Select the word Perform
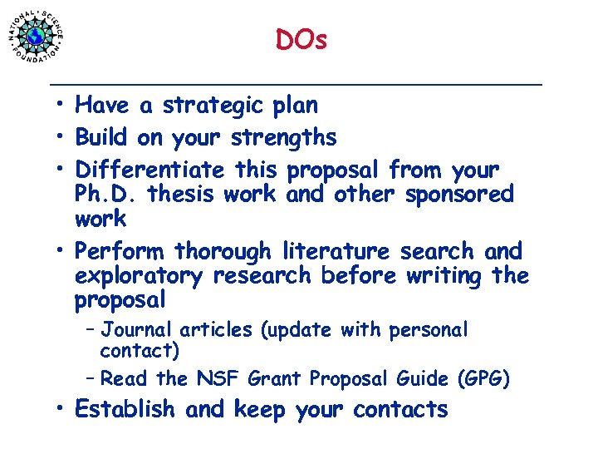tap(119, 251)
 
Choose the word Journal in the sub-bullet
tap(135, 330)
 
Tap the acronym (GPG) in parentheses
tap(483, 379)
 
